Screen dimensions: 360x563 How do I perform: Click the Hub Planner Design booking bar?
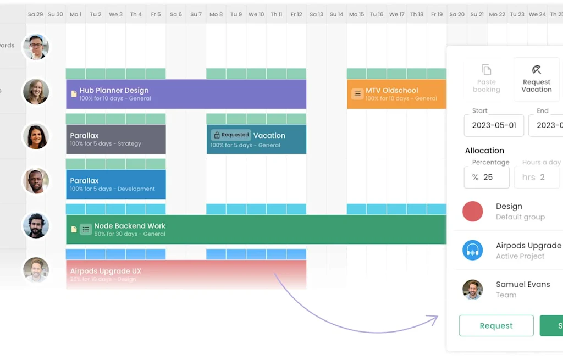coord(186,94)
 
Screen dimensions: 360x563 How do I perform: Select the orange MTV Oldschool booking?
coord(396,94)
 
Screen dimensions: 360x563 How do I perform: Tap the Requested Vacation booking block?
coord(256,139)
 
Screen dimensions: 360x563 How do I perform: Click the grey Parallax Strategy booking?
coord(115,139)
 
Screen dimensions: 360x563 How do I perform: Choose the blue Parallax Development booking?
coord(115,184)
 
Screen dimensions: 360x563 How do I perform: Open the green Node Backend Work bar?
coord(256,229)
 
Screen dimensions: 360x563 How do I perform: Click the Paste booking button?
coord(487,79)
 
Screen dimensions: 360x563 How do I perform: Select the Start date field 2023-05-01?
coord(494,125)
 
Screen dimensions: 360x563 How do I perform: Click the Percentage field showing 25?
coord(487,177)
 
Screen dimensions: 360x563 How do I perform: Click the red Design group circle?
coord(473,212)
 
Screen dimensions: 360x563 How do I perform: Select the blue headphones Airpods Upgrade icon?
coord(473,251)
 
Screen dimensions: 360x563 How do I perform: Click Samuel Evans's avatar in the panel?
coord(473,290)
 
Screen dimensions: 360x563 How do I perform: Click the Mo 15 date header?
coord(356,14)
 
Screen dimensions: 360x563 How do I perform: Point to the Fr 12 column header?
coord(296,14)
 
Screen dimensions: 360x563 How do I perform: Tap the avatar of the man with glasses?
coord(36,47)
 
